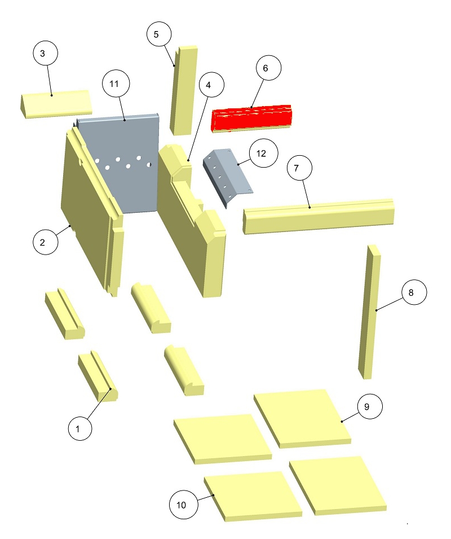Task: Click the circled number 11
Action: click(x=116, y=84)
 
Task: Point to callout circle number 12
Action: click(x=264, y=154)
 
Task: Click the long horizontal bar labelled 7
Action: click(x=319, y=216)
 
